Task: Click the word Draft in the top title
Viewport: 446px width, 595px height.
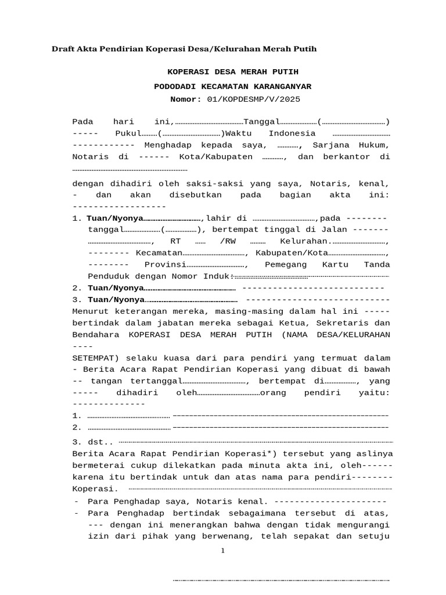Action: click(63, 49)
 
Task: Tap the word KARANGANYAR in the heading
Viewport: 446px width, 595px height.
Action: click(285, 87)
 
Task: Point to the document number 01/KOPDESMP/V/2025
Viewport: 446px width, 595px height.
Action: click(254, 99)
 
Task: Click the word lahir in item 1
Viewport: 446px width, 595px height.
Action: click(218, 218)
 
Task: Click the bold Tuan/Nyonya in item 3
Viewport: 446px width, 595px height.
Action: click(116, 300)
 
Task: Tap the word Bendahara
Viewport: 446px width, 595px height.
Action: click(96, 335)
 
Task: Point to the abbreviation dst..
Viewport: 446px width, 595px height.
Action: click(98, 442)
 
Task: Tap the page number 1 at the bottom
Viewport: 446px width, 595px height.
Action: click(222, 551)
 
